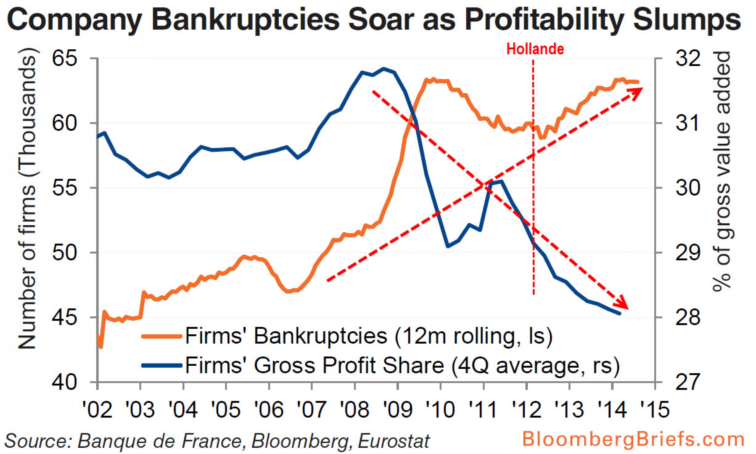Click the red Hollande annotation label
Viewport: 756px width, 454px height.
[x=535, y=49]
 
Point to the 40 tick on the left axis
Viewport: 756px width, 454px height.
[x=65, y=382]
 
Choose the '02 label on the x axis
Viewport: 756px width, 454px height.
[x=97, y=409]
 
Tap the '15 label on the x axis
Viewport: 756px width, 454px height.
[x=654, y=409]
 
